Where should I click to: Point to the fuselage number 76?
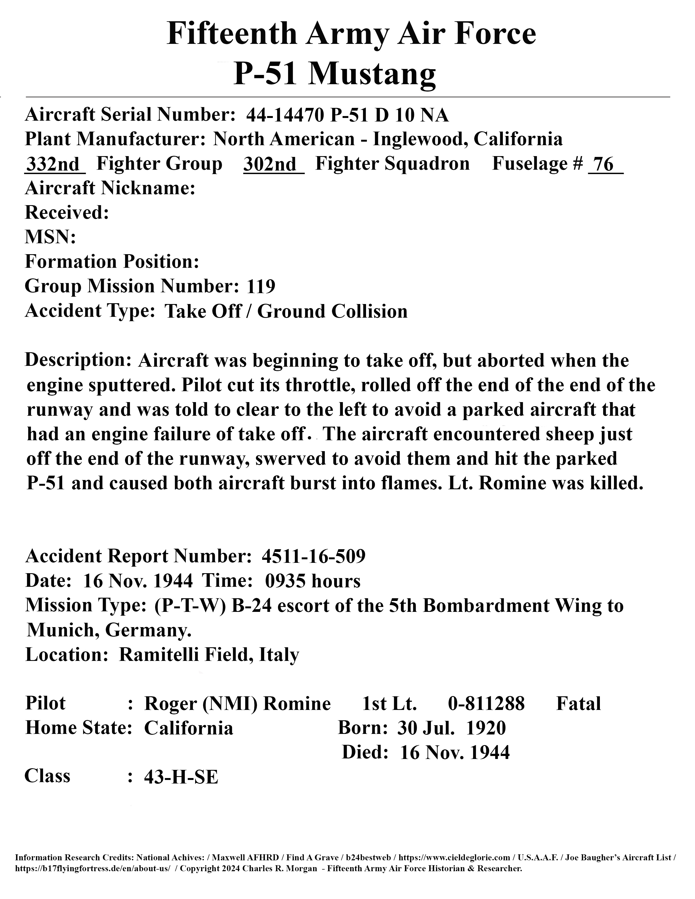point(604,164)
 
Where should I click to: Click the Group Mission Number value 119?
point(261,287)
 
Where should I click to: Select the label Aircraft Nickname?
point(110,189)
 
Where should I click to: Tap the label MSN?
point(50,238)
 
